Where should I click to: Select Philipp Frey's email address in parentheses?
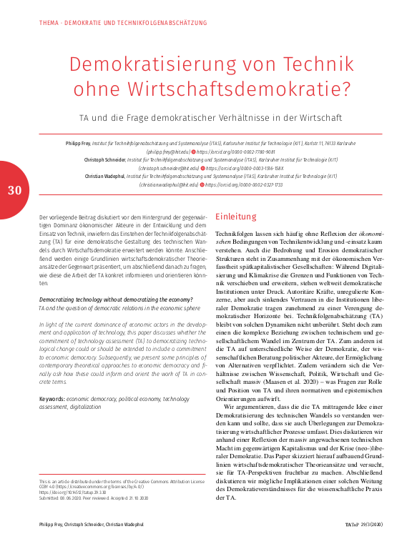[x=169, y=152]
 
